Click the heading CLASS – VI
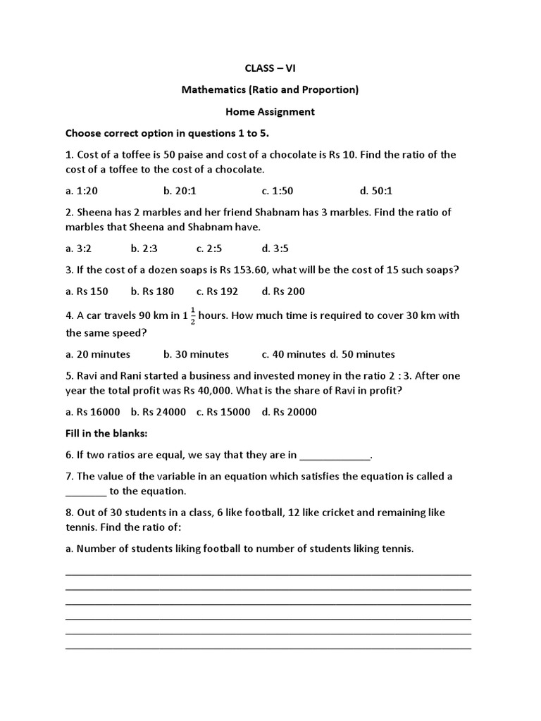270,68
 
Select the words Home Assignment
270,111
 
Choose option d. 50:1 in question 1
376,191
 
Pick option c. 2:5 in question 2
210,248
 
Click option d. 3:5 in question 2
275,248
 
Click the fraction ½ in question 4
192,315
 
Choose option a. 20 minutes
98,354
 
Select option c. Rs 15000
223,412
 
